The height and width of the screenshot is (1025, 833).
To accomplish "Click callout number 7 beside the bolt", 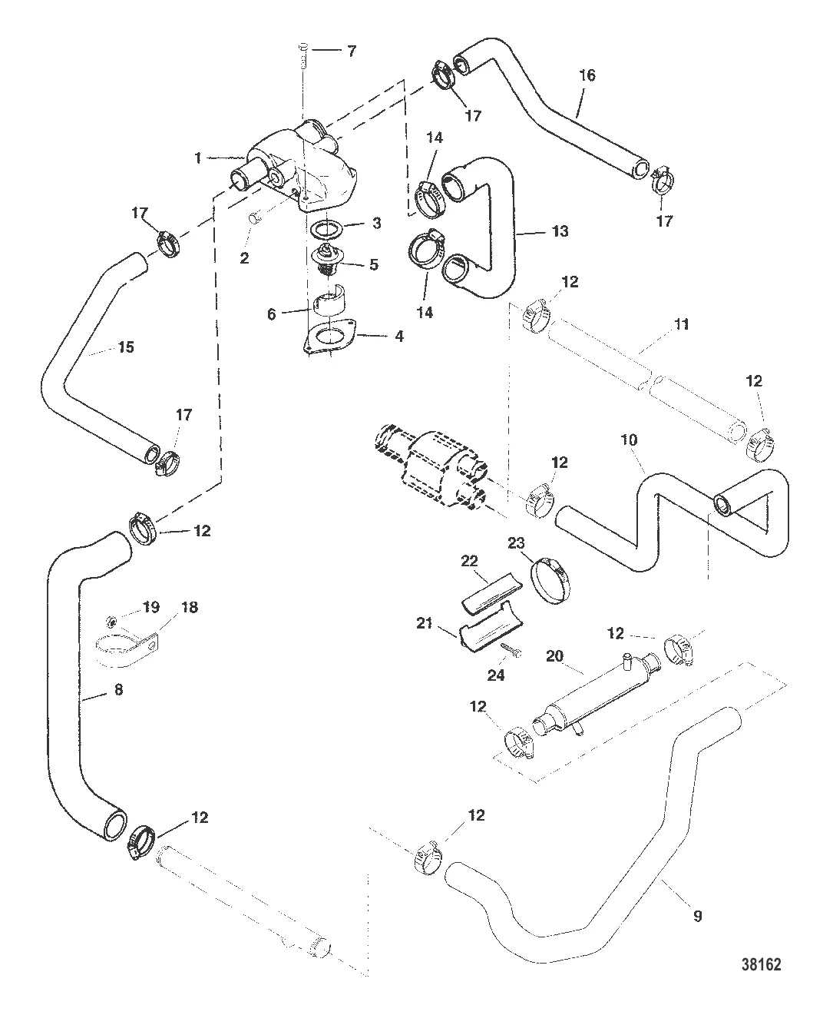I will click(351, 51).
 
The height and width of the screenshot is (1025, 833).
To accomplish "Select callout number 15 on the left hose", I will click(125, 347).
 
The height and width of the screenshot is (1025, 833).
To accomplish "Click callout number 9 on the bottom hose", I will click(697, 915).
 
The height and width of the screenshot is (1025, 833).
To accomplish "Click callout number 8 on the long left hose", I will click(117, 690).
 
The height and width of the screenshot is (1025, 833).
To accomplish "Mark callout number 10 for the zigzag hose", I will click(630, 441).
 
